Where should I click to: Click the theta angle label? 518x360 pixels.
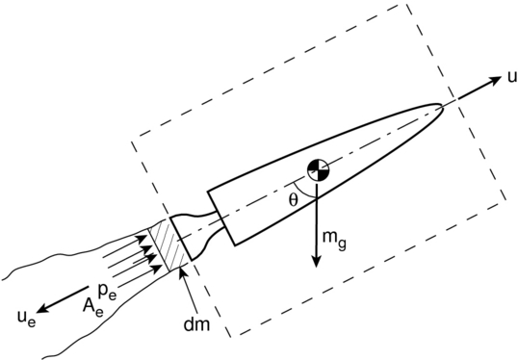[x=294, y=200]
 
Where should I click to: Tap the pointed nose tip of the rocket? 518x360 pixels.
[x=446, y=106]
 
